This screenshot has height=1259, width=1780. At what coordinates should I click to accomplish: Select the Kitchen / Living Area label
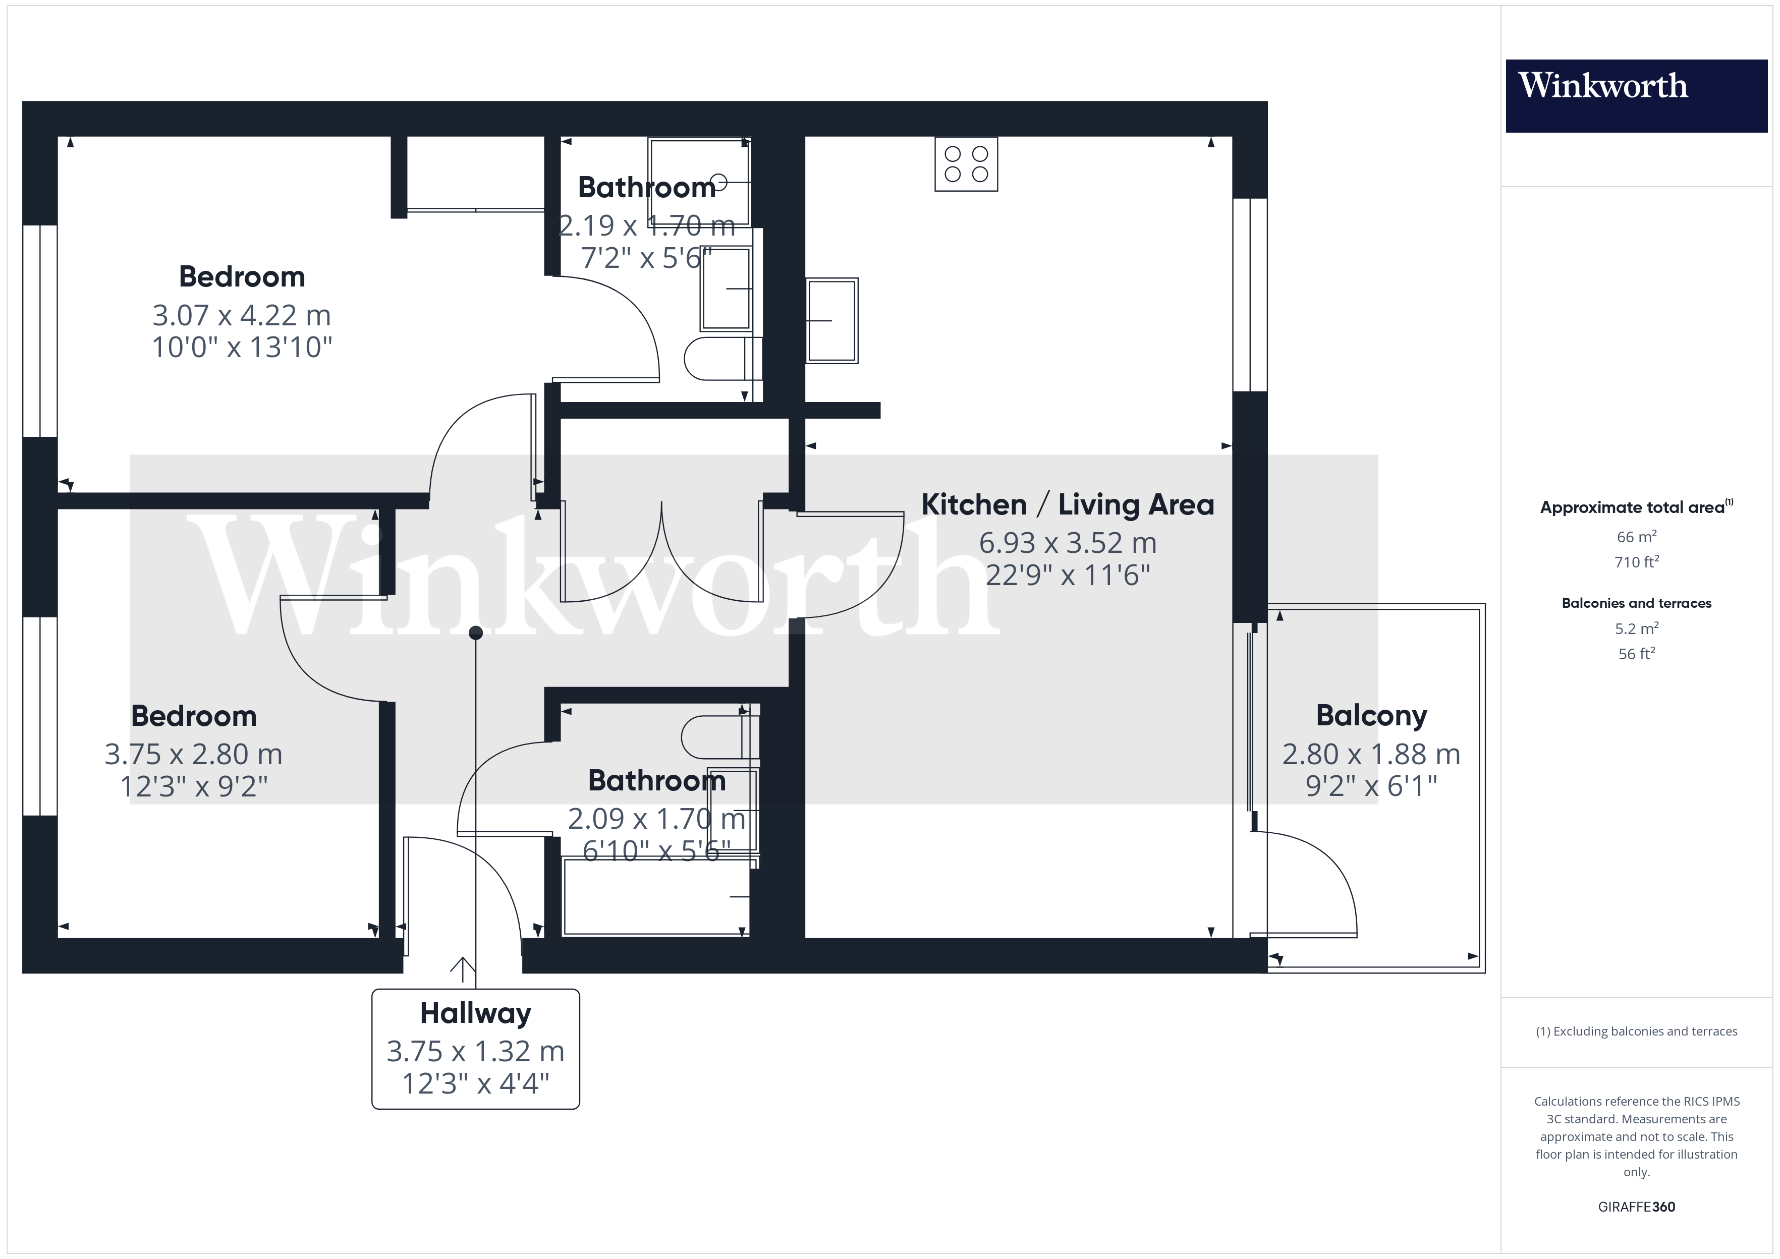[x=1068, y=505]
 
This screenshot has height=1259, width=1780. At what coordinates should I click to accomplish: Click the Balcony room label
[x=1371, y=716]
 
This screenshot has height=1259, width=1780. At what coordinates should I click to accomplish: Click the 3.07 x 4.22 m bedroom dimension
[x=242, y=316]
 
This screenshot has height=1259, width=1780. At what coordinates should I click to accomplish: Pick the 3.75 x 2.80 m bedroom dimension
[x=194, y=754]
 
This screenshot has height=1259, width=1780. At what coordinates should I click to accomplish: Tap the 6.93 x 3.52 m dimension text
[x=1068, y=543]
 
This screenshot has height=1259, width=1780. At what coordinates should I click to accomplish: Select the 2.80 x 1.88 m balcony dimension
[x=1371, y=754]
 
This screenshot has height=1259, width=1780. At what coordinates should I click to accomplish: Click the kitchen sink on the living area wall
[x=832, y=320]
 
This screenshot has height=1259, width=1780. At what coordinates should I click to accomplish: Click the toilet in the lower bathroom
[x=719, y=737]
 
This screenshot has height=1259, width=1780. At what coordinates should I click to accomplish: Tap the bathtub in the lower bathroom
[x=656, y=897]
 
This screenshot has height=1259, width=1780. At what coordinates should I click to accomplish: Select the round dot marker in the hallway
[x=476, y=634]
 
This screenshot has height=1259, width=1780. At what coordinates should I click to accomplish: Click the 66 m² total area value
[x=1637, y=537]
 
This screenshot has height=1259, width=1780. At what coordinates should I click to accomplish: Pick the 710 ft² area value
[x=1637, y=561]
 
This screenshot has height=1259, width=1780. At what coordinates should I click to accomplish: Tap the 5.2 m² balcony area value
[x=1637, y=628]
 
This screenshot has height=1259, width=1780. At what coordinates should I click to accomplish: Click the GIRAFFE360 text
[x=1637, y=1207]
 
